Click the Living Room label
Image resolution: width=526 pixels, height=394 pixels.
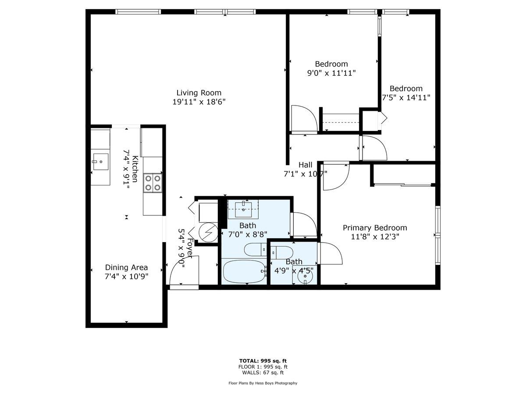click(x=199, y=93)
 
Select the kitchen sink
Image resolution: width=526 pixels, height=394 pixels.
click(x=100, y=162)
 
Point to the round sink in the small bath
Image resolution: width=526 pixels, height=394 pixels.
click(x=305, y=276)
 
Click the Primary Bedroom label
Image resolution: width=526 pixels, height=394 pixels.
click(x=374, y=228)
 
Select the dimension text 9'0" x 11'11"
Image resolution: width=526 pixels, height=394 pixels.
click(x=331, y=73)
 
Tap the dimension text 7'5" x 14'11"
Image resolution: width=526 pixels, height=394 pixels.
click(x=406, y=98)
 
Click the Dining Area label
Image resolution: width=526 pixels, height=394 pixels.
click(x=126, y=267)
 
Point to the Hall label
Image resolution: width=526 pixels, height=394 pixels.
click(x=306, y=165)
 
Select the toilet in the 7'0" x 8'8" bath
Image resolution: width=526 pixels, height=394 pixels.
click(x=255, y=250)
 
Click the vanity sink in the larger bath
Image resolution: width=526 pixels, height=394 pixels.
click(x=243, y=208)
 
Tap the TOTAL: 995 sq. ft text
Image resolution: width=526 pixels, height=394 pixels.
click(x=263, y=361)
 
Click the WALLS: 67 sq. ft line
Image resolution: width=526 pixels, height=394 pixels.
click(x=263, y=373)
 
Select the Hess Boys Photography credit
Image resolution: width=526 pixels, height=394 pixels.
click(x=263, y=383)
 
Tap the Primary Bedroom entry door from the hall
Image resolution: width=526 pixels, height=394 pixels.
click(x=335, y=176)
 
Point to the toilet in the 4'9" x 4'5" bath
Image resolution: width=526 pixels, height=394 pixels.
click(x=282, y=253)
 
